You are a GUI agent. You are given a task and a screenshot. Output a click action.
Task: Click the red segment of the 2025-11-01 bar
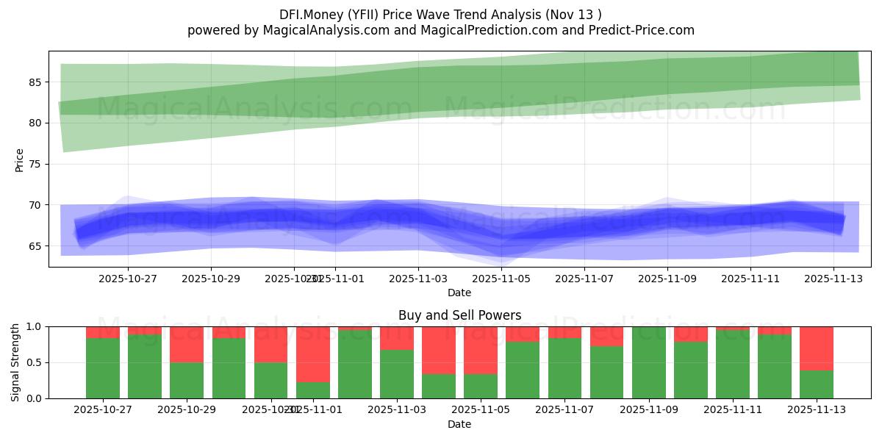313,354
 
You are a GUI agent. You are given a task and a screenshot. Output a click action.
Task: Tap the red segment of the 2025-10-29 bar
187,344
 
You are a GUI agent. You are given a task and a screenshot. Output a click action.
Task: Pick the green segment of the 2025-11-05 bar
481,387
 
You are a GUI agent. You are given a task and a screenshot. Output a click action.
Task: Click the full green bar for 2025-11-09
648,362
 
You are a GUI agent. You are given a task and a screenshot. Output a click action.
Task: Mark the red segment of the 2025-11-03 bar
397,338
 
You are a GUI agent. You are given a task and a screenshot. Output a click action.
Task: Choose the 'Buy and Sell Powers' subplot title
459,315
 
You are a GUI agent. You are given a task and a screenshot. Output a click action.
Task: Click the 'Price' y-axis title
20,159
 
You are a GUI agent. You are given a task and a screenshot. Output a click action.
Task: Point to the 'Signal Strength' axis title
15,362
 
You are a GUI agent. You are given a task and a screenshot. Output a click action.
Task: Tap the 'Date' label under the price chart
459,293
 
